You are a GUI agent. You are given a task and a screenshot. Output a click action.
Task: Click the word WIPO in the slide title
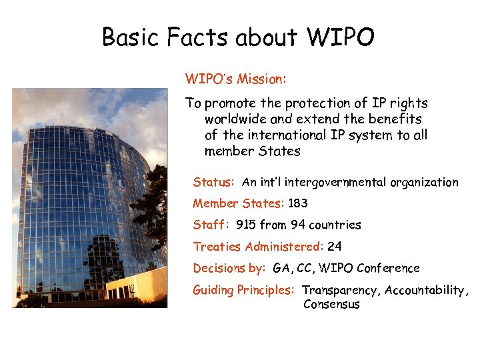[x=340, y=38]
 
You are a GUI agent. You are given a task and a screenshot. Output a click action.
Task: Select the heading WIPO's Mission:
[x=236, y=79]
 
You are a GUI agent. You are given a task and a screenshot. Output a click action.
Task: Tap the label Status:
[x=213, y=182]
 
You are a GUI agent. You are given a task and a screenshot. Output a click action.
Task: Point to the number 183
[x=297, y=203]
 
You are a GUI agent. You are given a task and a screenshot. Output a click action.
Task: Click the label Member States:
[x=239, y=203]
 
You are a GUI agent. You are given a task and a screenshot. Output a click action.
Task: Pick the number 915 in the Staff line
[x=246, y=225]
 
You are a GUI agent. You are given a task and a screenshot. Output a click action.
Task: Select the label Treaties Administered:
[x=258, y=247]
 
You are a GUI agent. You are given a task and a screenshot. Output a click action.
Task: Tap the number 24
[x=335, y=247]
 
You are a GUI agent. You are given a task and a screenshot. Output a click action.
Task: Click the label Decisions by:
[x=229, y=268]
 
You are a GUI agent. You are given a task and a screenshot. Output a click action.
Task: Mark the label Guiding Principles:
[x=243, y=290]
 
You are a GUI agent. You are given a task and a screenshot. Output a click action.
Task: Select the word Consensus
[x=331, y=305]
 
